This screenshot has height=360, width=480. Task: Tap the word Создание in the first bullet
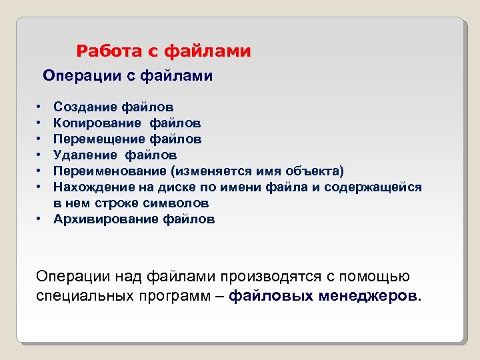point(85,107)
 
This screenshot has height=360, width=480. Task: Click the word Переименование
point(109,171)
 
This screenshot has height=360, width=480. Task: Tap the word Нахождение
point(91,187)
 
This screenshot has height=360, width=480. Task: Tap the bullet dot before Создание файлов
point(40,107)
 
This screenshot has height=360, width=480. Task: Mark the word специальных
point(77,296)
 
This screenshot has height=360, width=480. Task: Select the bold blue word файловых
point(261,296)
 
